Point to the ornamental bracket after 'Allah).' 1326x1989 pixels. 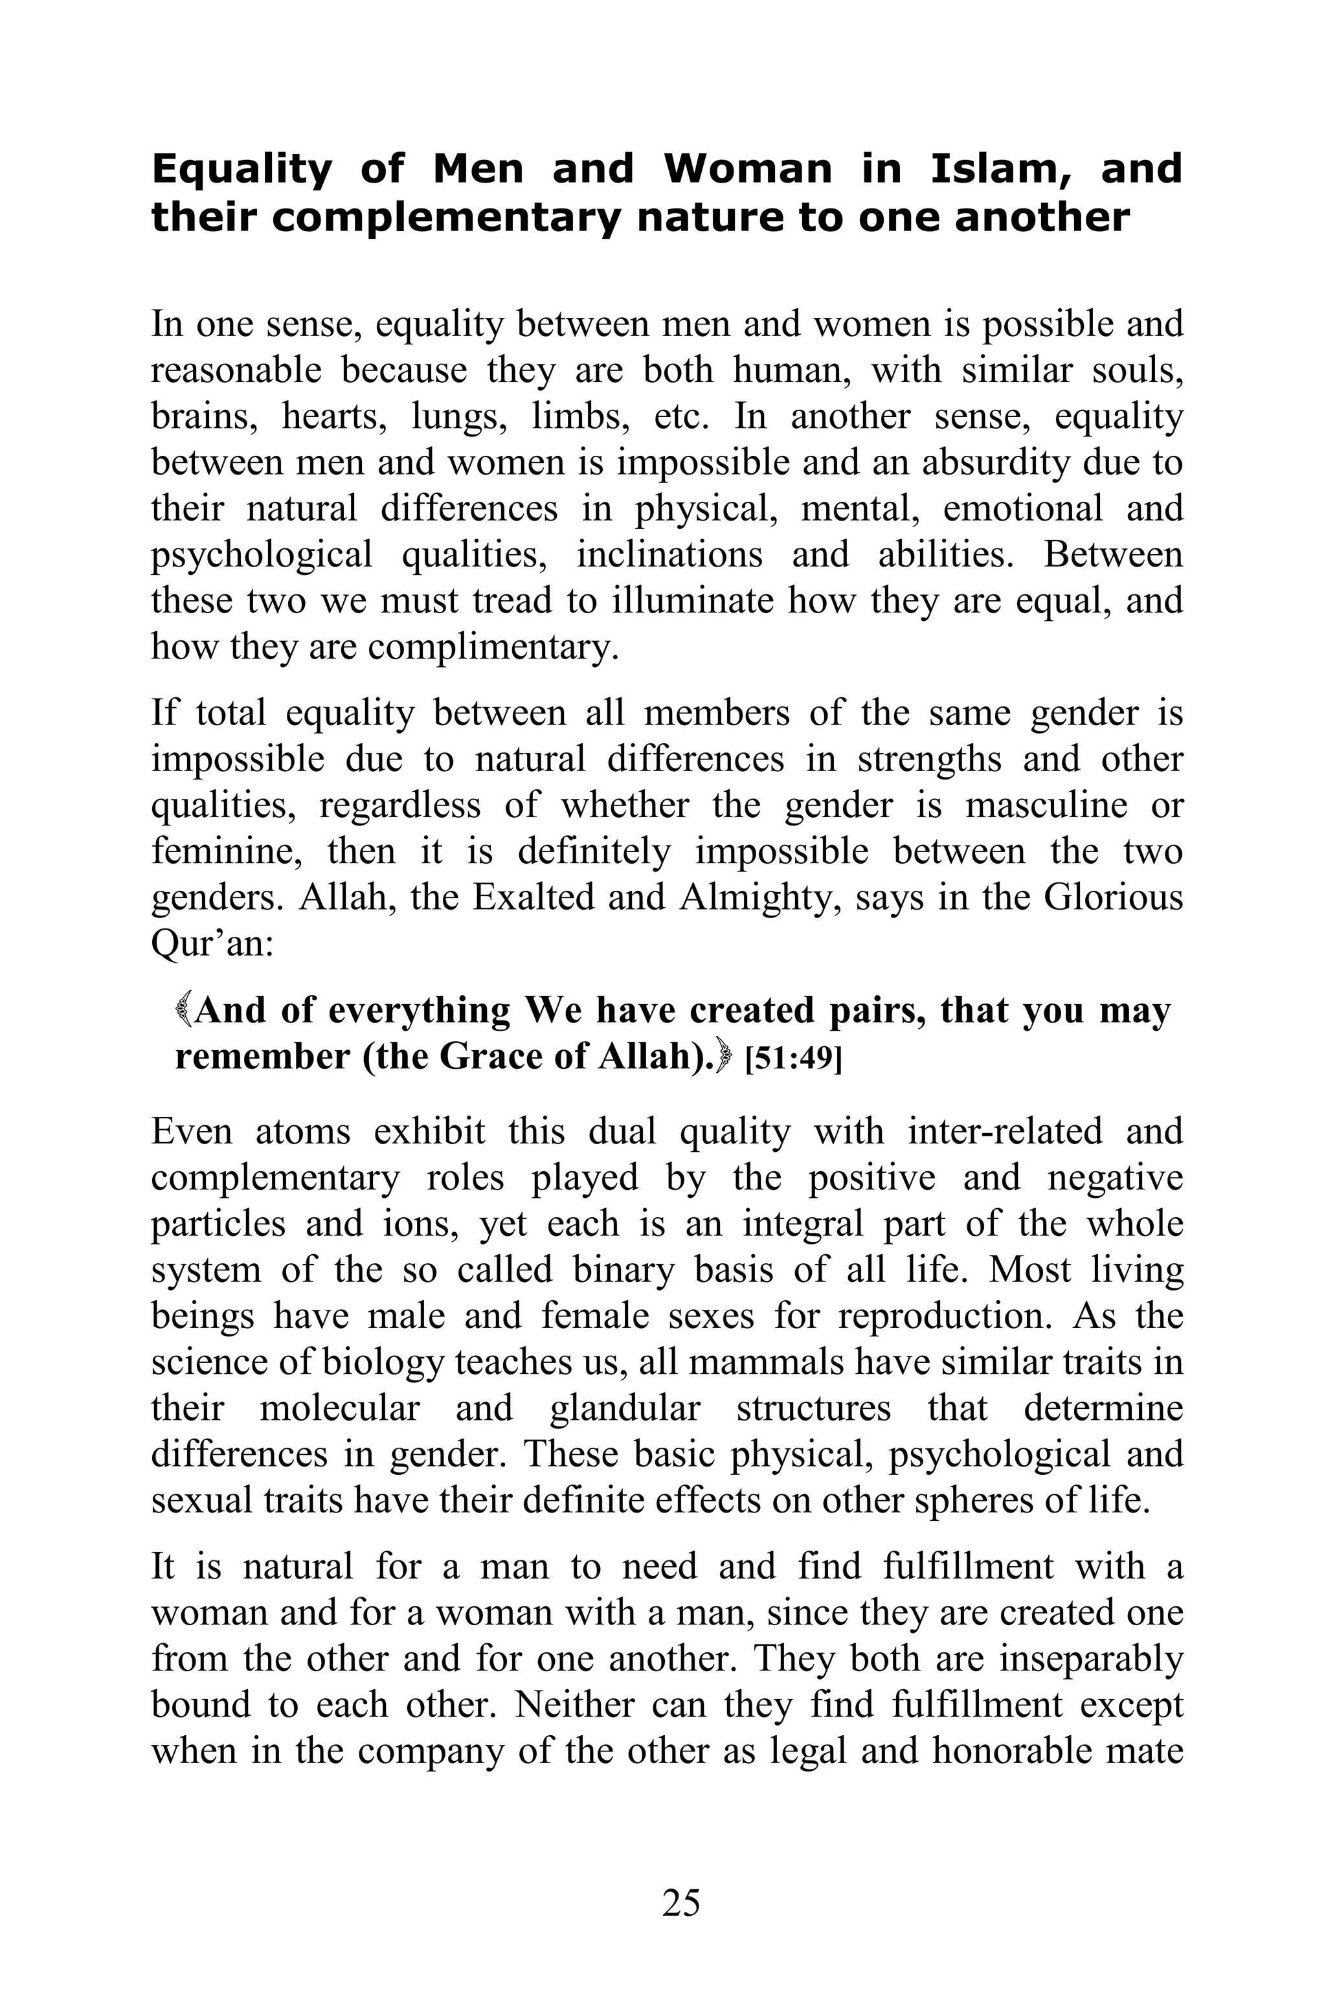[723, 1057]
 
